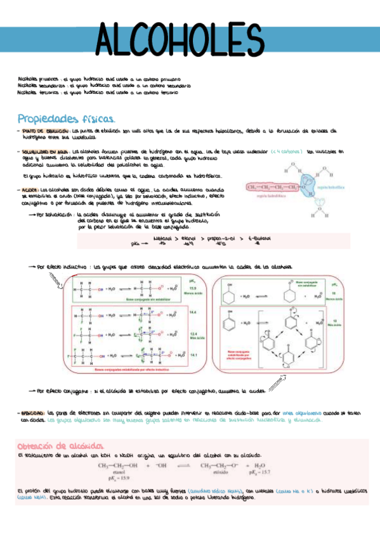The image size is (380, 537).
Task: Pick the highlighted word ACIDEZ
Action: pyautogui.click(x=30, y=189)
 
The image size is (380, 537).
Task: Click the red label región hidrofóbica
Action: pyautogui.click(x=270, y=197)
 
